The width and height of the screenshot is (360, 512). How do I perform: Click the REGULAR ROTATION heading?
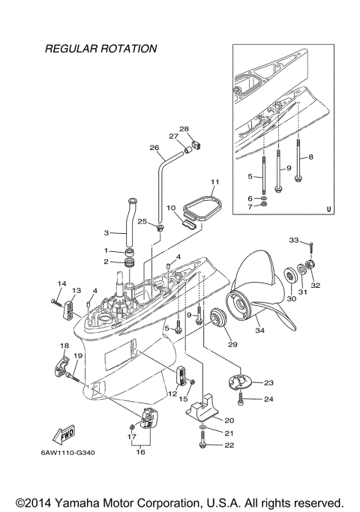[x=100, y=49]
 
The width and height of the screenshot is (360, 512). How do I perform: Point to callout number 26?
[x=155, y=148]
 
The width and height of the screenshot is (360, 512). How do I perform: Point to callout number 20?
[x=229, y=420]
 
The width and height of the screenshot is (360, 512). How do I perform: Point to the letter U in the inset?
[x=328, y=210]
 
